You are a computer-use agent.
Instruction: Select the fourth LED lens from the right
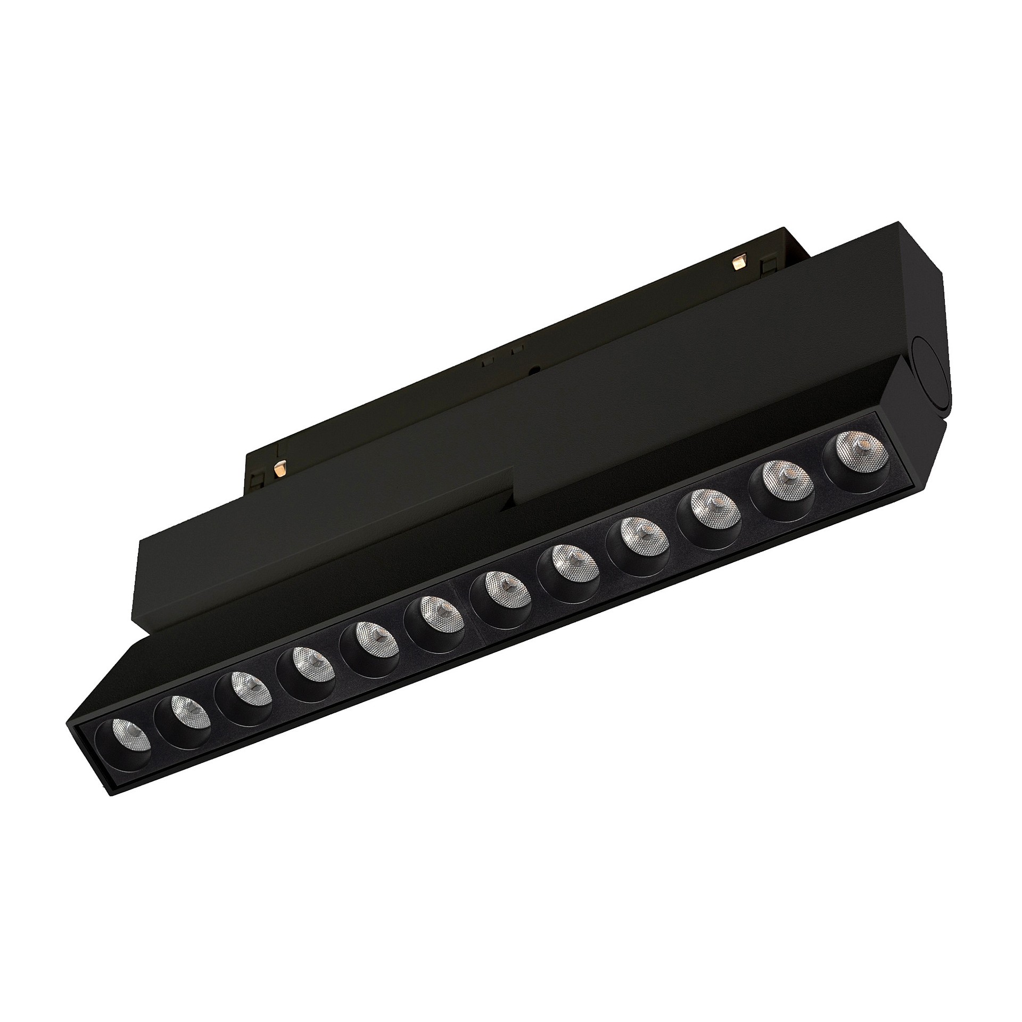[638, 532]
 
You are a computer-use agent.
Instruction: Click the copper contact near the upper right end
[738, 262]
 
